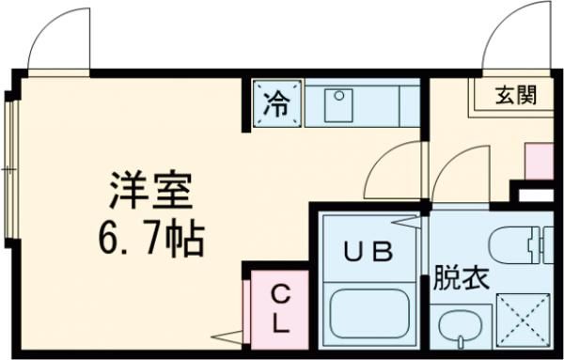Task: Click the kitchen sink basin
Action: pyautogui.click(x=338, y=105)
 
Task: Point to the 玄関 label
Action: pyautogui.click(x=516, y=95)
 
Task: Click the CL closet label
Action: pyautogui.click(x=280, y=307)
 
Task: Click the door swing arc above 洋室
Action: pyautogui.click(x=58, y=42)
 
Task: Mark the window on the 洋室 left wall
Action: pyautogui.click(x=11, y=169)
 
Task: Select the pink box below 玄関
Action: pyautogui.click(x=538, y=161)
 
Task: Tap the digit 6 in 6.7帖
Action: pyautogui.click(x=105, y=241)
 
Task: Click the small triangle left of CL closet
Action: pyautogui.click(x=227, y=336)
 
